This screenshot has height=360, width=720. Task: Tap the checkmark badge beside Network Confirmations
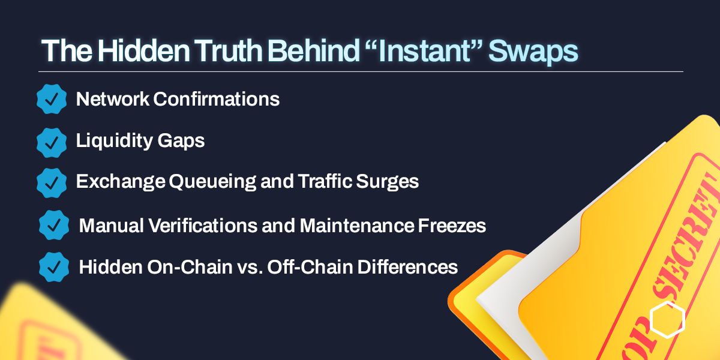pyautogui.click(x=52, y=99)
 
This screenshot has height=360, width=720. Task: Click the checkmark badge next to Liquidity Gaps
pyautogui.click(x=52, y=142)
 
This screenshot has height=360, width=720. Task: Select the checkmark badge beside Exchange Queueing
pyautogui.click(x=52, y=182)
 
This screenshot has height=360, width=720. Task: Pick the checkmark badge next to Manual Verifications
pyautogui.click(x=54, y=225)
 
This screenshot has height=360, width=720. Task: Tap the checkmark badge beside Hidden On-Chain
pyautogui.click(x=54, y=266)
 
